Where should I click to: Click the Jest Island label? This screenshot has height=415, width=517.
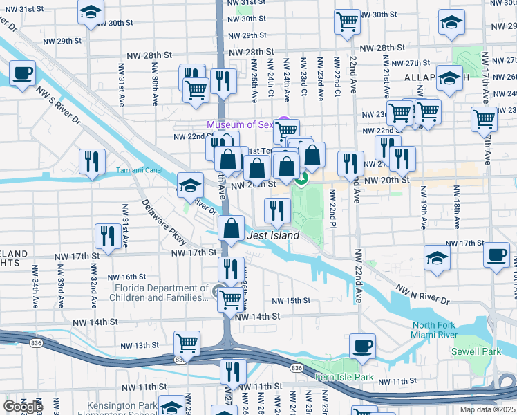coord(273,236)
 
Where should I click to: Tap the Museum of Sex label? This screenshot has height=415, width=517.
coord(240,124)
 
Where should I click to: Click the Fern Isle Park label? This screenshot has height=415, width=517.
coord(344,378)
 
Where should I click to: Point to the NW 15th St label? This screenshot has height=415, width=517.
coord(291,301)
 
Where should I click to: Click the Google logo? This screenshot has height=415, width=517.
coord(23,407)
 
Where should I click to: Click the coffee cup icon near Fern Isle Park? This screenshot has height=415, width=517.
coord(362,345)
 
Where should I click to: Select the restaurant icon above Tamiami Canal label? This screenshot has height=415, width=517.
coord(92,161)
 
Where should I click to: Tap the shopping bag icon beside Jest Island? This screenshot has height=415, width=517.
coord(232,227)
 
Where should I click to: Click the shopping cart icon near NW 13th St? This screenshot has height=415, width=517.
coord(187,342)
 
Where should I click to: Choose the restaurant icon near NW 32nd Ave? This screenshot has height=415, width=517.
coord(106,236)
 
